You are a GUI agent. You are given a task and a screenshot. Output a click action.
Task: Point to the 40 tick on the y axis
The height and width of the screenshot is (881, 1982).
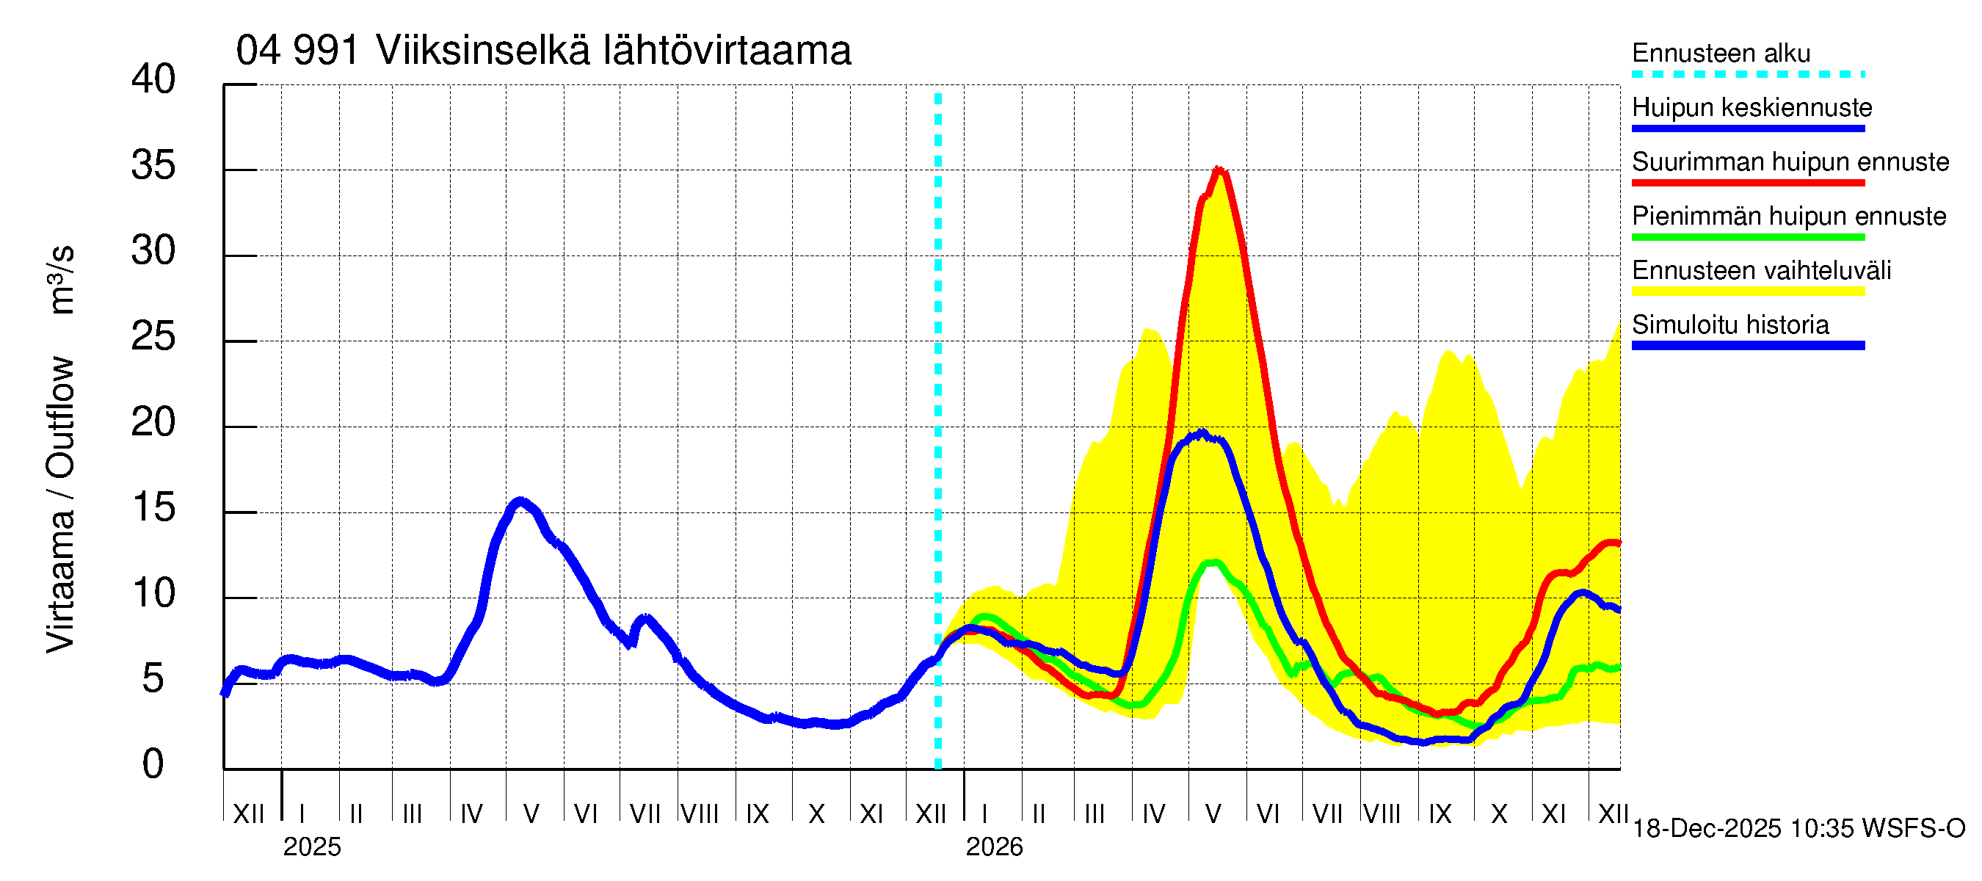pos(153,79)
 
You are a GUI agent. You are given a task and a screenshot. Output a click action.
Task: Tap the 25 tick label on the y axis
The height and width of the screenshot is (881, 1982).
pos(153,337)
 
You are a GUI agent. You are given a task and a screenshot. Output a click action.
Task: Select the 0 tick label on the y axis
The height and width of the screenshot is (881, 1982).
pos(153,764)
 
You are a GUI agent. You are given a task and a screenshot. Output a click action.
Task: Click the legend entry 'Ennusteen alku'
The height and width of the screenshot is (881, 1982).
pos(1721,53)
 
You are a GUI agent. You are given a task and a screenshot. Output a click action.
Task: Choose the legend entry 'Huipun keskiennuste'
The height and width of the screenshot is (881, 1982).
pos(1752,108)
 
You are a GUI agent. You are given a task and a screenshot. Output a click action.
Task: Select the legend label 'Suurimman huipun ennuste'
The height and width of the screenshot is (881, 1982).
pos(1790,162)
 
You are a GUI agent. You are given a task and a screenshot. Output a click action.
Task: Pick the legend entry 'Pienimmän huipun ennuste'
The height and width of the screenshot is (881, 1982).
pos(1788,216)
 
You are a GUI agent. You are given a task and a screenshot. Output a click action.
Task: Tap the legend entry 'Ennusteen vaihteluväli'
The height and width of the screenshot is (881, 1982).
pos(1760,271)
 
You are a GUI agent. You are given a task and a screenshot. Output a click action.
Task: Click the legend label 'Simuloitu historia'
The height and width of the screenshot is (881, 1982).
pos(1729,325)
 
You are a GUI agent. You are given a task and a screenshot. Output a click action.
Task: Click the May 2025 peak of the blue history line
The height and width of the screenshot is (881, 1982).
pos(521,501)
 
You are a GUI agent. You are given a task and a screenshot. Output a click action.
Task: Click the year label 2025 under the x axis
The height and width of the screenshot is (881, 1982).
pos(311,847)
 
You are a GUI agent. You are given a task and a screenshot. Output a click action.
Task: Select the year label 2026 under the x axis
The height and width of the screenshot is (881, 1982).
pos(994,847)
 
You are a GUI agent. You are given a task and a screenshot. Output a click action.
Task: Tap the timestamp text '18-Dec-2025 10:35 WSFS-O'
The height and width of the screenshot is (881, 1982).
pos(1798,829)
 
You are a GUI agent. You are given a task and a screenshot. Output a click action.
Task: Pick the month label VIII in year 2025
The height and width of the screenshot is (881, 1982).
pos(700,813)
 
